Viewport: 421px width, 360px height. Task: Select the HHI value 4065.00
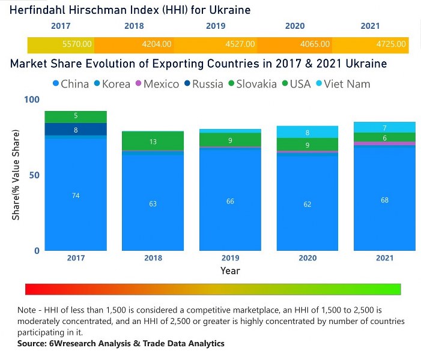click(316, 44)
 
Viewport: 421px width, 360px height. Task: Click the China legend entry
click(70, 84)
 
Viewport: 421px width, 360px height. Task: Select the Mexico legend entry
click(157, 84)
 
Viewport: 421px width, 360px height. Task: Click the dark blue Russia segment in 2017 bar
click(76, 129)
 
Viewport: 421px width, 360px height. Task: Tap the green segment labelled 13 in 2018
click(153, 141)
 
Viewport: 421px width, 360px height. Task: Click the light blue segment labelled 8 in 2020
click(307, 133)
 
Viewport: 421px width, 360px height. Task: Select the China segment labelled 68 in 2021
click(384, 200)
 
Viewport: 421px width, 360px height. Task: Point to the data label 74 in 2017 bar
click(76, 196)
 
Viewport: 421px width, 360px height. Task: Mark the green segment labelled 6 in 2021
click(384, 137)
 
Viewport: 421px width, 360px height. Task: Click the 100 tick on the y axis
click(31, 100)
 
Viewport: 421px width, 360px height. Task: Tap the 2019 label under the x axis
click(230, 258)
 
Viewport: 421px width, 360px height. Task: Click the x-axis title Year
click(230, 271)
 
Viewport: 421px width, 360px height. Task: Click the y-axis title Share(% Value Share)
click(16, 175)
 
